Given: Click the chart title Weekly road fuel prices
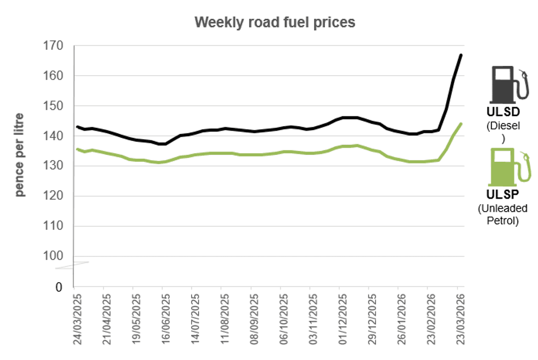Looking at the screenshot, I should click(x=275, y=22).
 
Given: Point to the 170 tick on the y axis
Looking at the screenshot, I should click(x=53, y=46).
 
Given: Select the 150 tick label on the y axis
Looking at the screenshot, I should click(x=53, y=106).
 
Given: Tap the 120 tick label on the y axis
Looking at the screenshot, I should click(x=53, y=196).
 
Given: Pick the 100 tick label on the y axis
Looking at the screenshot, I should click(x=53, y=256).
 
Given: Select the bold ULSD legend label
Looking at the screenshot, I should click(x=503, y=112).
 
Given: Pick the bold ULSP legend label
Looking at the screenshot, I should click(x=503, y=196).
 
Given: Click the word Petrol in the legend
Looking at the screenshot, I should click(x=503, y=221).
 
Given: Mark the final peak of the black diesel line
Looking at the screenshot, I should click(x=461, y=55).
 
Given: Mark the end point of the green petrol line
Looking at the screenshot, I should click(x=461, y=123).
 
